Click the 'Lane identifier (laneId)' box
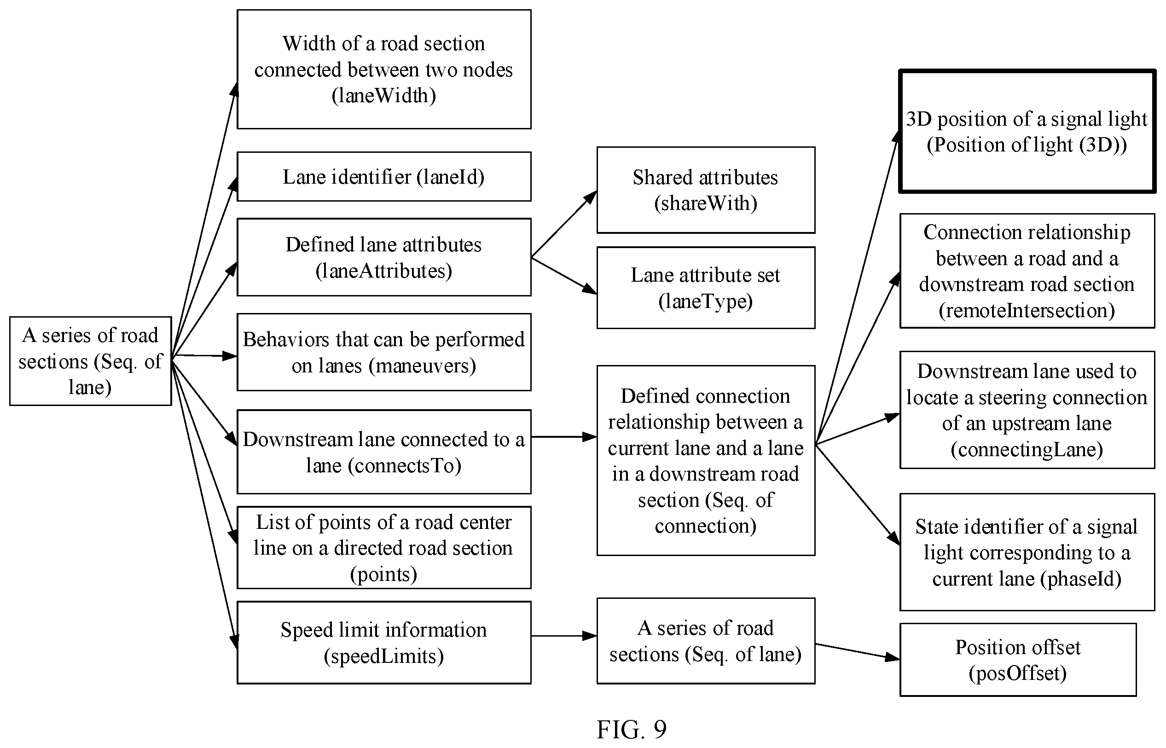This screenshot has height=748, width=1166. tap(383, 176)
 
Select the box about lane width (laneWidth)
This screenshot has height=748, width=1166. tap(383, 69)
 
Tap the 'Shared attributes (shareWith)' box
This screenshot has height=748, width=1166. tap(706, 190)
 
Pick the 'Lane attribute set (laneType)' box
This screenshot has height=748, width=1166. tap(706, 288)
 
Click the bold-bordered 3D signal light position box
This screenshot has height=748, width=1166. tap(1027, 131)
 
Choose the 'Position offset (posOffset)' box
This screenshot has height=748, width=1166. tap(1018, 660)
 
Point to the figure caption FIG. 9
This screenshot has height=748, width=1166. tap(631, 729)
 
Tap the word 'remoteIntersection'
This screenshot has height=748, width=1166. tap(1027, 310)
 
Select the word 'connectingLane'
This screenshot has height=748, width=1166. tap(1027, 450)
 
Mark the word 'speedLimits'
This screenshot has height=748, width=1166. tap(383, 656)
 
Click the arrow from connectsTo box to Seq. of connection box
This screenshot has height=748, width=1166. tap(564, 437)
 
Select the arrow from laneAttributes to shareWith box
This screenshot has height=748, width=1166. tap(564, 224)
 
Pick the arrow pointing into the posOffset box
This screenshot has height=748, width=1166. tap(858, 652)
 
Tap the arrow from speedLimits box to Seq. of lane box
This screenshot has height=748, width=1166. tap(564, 636)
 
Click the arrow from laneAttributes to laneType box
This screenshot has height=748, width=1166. tap(564, 275)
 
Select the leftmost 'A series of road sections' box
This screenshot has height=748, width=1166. tap(90, 361)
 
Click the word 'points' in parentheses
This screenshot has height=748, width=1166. tap(383, 574)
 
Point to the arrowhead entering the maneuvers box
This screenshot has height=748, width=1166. tap(230, 356)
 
